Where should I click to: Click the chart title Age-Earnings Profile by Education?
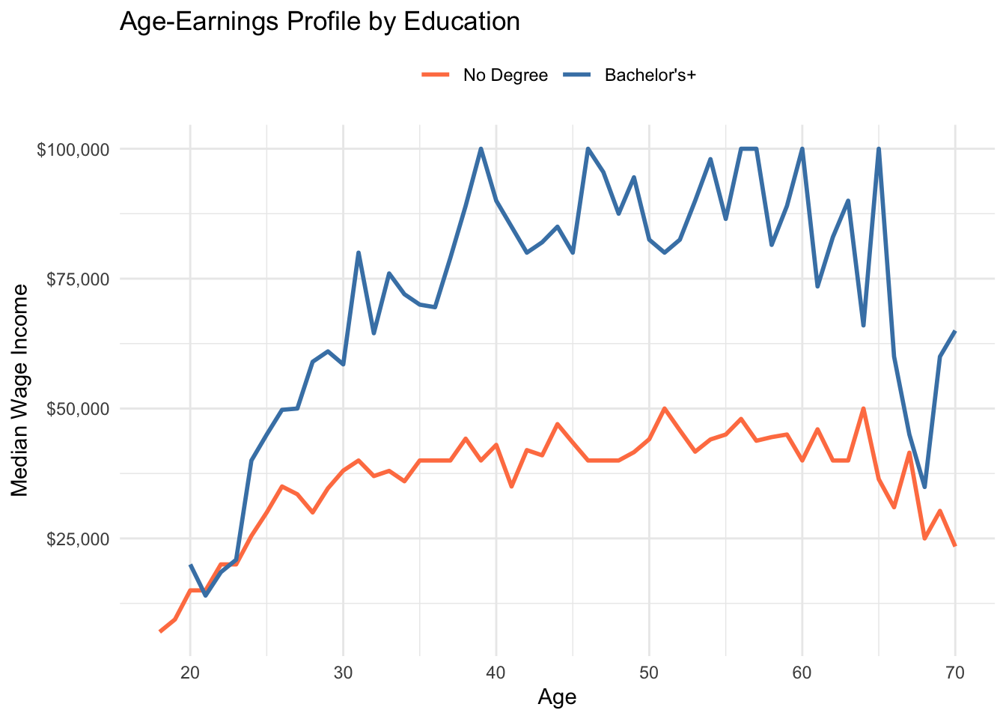[320, 22]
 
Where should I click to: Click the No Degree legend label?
[505, 75]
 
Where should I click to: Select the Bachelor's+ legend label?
[650, 75]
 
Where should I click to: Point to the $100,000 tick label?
[73, 149]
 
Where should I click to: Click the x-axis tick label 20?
[190, 673]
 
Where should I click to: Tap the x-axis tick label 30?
[343, 673]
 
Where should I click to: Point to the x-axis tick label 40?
[496, 673]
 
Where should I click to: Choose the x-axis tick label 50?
[649, 673]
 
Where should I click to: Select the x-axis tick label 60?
[802, 673]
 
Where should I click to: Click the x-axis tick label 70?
[955, 673]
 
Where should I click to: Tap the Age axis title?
[557, 698]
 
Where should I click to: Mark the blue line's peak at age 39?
[481, 149]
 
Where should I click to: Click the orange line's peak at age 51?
[665, 409]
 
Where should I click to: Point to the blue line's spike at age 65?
[879, 149]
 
